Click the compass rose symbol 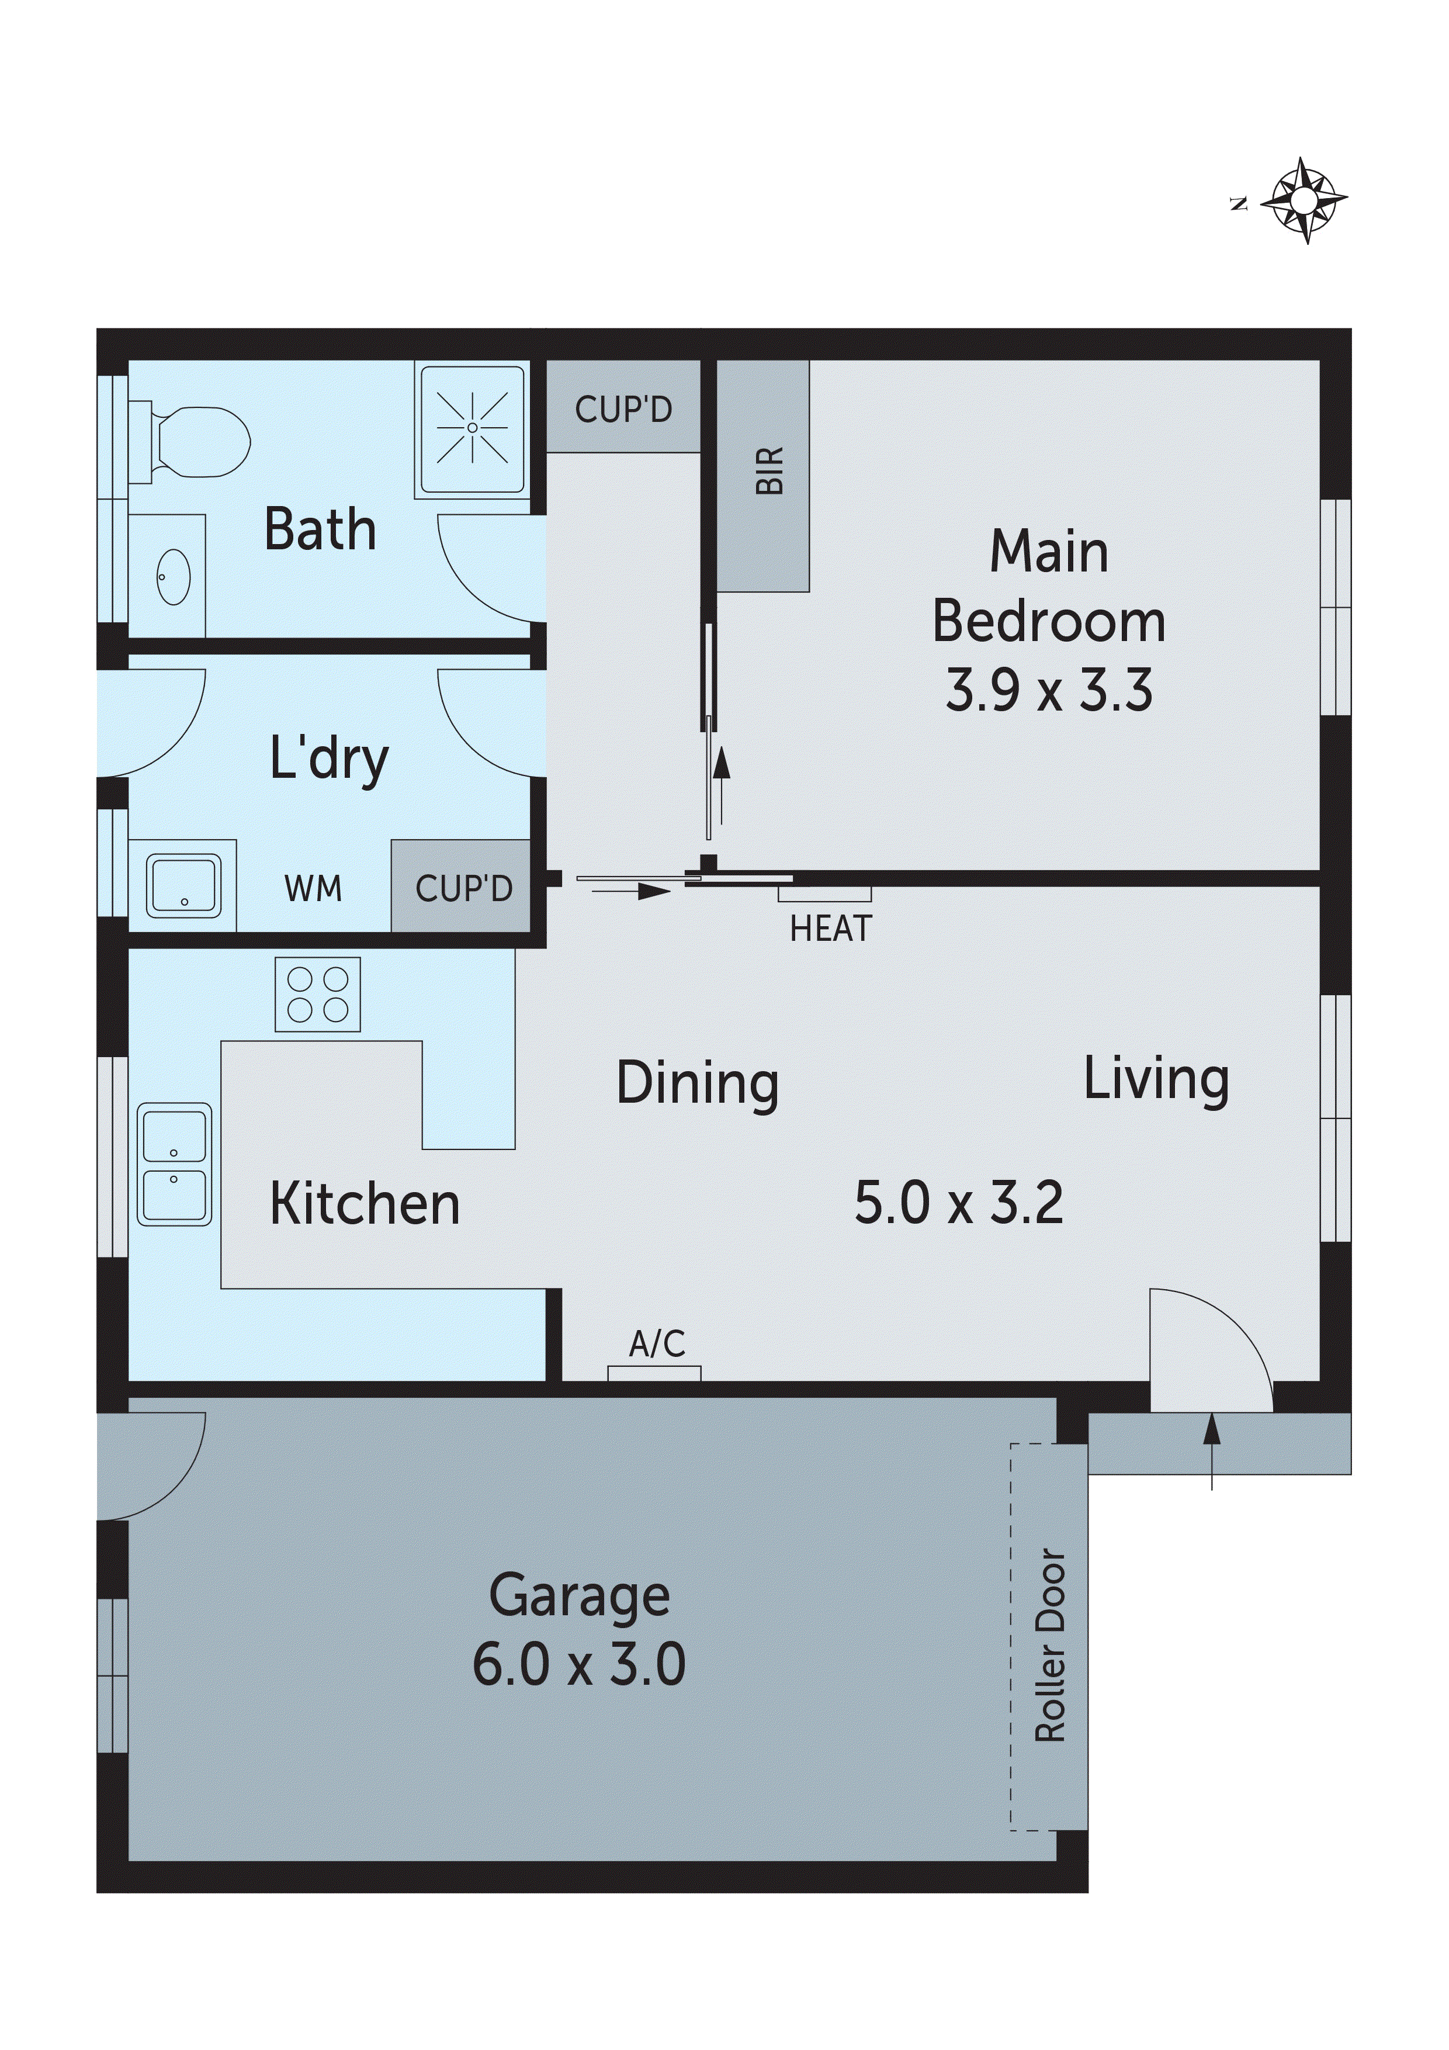click(1304, 201)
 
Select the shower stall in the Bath click(472, 430)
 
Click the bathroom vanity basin click(172, 576)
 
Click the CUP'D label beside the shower click(623, 410)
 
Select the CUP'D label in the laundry click(463, 888)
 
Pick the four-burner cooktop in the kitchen click(318, 995)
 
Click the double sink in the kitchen click(174, 1163)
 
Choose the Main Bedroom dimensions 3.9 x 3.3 click(1049, 690)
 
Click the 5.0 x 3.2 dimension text click(959, 1203)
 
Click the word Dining click(697, 1083)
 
